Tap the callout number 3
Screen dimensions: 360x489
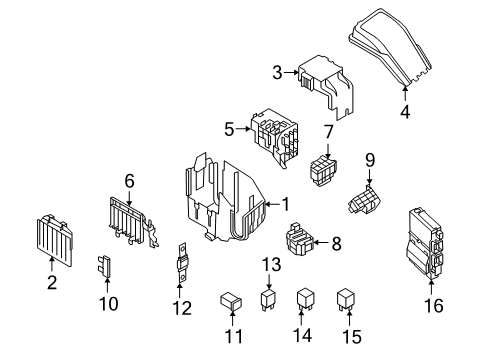click(278, 71)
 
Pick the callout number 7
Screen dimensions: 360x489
click(328, 132)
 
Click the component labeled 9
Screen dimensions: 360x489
click(365, 199)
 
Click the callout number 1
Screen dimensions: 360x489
click(286, 204)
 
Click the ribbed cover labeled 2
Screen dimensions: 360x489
click(58, 239)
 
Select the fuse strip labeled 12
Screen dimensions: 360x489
click(183, 272)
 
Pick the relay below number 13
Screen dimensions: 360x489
click(267, 300)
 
